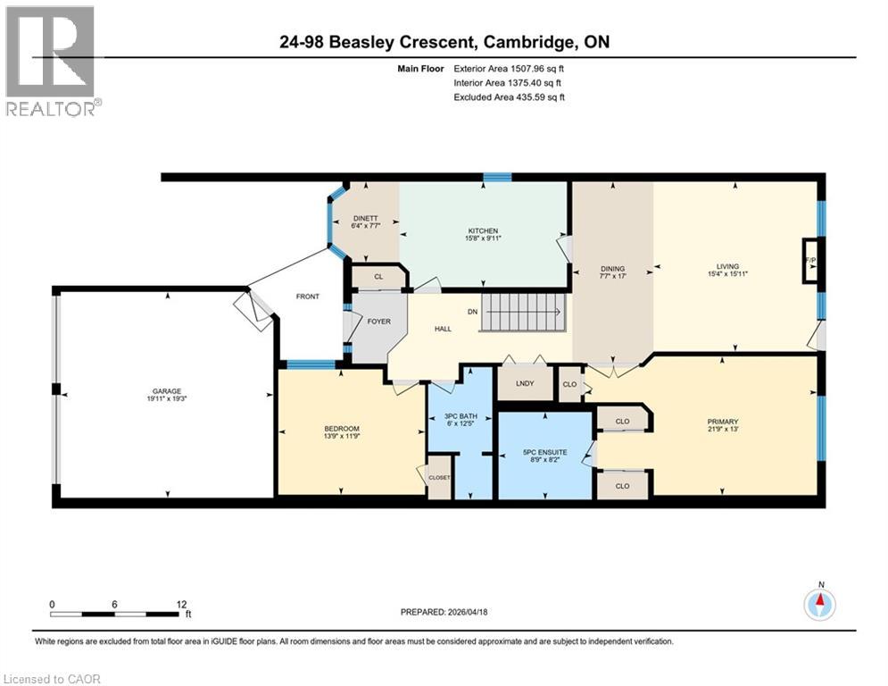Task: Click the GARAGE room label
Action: coord(166,390)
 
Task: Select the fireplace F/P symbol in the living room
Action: coord(810,260)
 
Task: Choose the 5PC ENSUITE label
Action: coord(545,452)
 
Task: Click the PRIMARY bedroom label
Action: coord(724,422)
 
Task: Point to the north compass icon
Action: coord(819,605)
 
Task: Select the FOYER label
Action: coord(379,321)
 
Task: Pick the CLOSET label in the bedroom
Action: coord(439,477)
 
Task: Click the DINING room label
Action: coord(612,268)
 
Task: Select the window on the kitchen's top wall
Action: coord(497,177)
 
